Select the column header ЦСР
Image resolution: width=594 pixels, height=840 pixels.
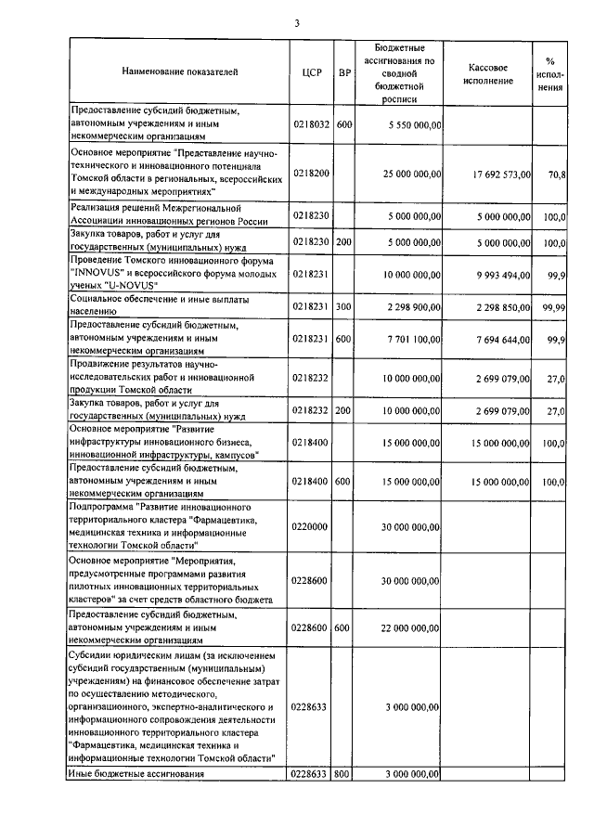312,71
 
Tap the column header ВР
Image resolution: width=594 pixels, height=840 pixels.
343,71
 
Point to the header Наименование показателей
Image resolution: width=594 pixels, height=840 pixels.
179,71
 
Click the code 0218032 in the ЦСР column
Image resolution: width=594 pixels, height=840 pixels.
311,123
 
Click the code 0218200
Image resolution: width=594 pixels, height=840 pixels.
311,173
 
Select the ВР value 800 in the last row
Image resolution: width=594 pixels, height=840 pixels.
343,773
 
